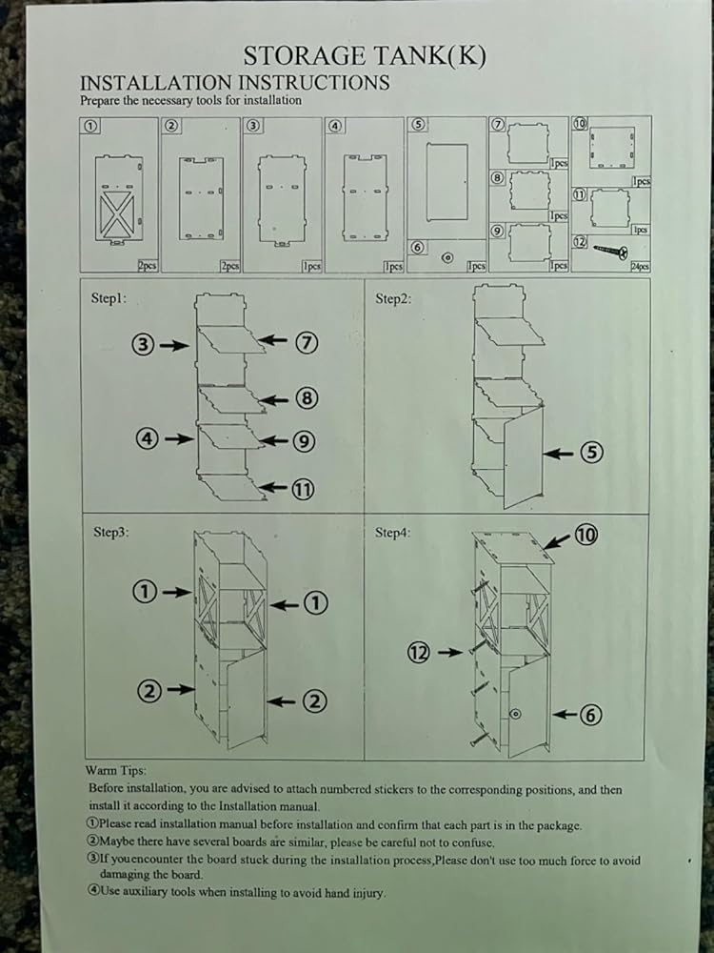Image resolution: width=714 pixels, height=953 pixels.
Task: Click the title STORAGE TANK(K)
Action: (x=365, y=56)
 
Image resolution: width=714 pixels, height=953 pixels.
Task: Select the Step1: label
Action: (x=109, y=298)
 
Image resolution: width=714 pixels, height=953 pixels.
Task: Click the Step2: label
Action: (x=393, y=298)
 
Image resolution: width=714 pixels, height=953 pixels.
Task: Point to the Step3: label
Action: (x=110, y=533)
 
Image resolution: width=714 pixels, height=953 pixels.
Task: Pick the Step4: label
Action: (x=393, y=533)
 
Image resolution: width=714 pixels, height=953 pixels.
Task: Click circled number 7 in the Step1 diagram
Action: (x=306, y=343)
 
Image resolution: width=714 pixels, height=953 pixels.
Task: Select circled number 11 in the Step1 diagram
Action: (x=304, y=490)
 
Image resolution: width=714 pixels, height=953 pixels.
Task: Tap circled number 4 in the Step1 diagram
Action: (x=146, y=439)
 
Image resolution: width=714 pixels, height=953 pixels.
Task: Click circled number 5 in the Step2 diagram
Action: (x=591, y=453)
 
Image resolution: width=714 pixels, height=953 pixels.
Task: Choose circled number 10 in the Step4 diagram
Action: (x=585, y=535)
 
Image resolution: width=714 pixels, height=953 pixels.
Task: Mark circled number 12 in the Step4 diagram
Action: (x=420, y=652)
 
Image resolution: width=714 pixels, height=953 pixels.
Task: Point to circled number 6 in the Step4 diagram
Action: (x=590, y=714)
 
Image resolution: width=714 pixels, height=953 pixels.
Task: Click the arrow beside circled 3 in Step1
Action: (x=175, y=346)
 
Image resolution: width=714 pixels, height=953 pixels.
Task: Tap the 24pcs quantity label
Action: (x=639, y=267)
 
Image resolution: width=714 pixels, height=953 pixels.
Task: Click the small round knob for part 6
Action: (x=447, y=257)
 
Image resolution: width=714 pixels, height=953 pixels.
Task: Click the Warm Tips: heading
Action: (x=115, y=770)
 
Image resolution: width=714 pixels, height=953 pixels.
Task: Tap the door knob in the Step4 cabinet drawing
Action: (x=514, y=713)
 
